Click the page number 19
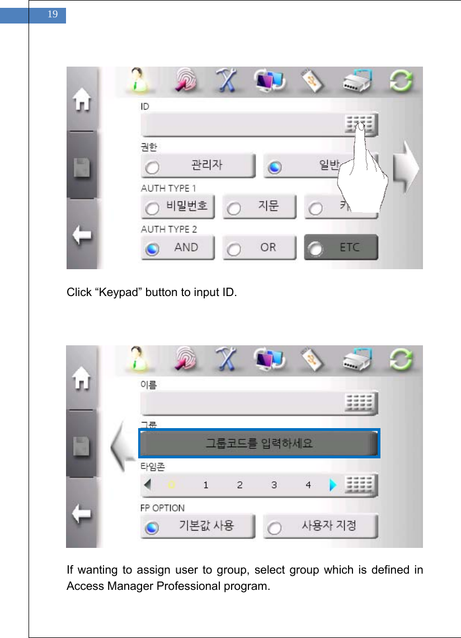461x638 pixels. point(53,15)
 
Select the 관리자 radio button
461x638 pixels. point(198,166)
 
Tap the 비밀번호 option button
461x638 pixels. point(178,207)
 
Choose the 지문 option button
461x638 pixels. point(259,207)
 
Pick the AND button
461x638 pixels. point(178,248)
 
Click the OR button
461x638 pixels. point(259,248)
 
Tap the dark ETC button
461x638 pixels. point(341,248)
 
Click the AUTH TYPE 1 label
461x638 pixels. point(168,188)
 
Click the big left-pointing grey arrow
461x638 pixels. point(123,445)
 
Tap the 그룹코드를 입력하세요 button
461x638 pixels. point(259,444)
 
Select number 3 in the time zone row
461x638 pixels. point(274,485)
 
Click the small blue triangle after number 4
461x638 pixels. point(333,485)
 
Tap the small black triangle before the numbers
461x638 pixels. point(147,485)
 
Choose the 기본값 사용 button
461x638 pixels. point(198,527)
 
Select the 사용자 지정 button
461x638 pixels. point(321,527)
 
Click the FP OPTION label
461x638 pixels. point(162,508)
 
